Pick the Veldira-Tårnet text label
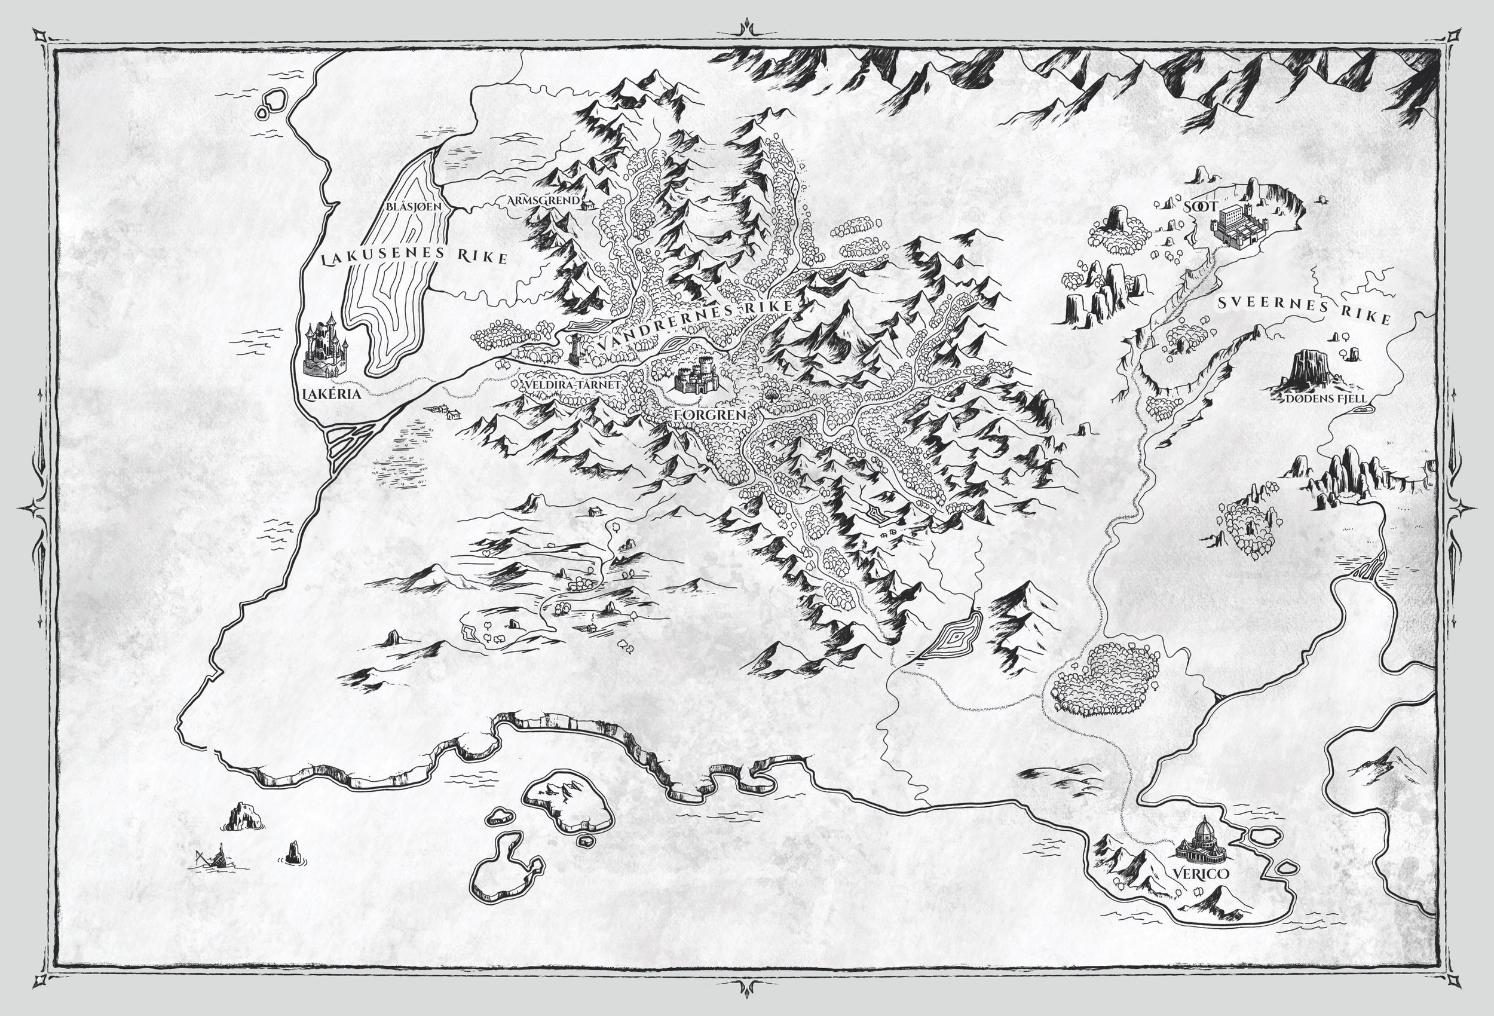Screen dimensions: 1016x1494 click(x=571, y=384)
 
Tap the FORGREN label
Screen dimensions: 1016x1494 click(x=711, y=415)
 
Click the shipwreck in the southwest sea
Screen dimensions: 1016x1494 click(x=212, y=858)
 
